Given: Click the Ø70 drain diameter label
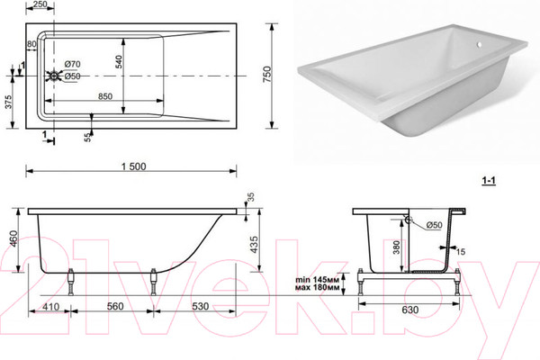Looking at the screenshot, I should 73,65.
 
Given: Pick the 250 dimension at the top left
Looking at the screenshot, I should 39,5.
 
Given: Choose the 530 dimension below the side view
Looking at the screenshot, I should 199,307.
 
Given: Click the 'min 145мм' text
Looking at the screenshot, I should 318,279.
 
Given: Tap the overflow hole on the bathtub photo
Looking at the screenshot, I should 478,43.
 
